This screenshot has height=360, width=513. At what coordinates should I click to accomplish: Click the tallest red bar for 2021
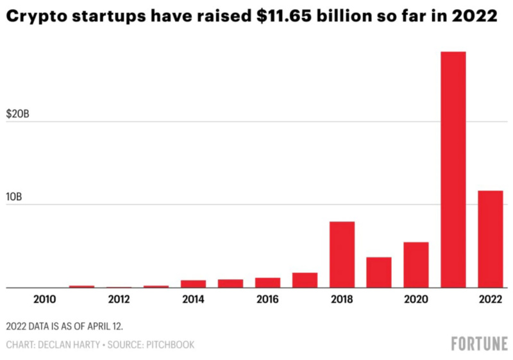pyautogui.click(x=453, y=169)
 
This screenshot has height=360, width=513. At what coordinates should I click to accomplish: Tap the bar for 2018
pyautogui.click(x=342, y=254)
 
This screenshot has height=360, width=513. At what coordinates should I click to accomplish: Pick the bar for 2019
pyautogui.click(x=379, y=272)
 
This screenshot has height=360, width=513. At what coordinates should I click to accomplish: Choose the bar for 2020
pyautogui.click(x=416, y=264)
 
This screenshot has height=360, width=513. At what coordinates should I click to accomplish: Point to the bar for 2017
pyautogui.click(x=305, y=280)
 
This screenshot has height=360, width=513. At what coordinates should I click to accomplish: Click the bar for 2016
pyautogui.click(x=268, y=282)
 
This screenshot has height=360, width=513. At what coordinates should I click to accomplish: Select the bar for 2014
pyautogui.click(x=194, y=284)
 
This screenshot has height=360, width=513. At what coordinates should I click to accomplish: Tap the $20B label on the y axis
pyautogui.click(x=17, y=114)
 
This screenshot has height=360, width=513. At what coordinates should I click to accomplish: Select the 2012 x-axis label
pyautogui.click(x=119, y=299)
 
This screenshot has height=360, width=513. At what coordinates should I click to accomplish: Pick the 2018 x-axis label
pyautogui.click(x=342, y=299)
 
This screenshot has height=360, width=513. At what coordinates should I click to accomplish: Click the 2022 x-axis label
pyautogui.click(x=490, y=299)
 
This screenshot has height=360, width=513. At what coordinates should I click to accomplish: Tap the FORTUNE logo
pyautogui.click(x=479, y=343)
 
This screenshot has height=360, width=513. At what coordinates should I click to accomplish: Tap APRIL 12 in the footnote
pyautogui.click(x=105, y=327)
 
